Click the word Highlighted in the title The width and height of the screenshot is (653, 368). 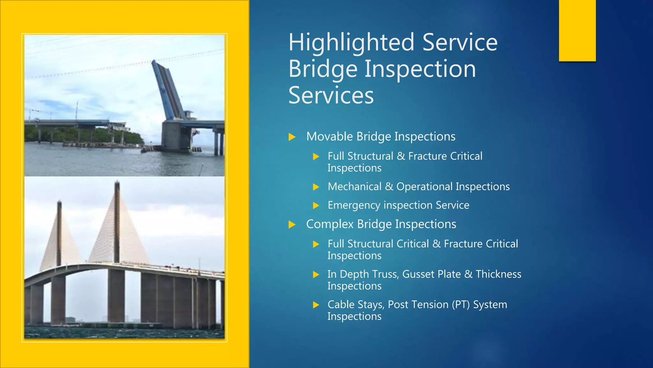(x=351, y=43)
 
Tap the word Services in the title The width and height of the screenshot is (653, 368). (x=331, y=95)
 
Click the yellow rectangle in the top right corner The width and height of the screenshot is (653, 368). (x=577, y=30)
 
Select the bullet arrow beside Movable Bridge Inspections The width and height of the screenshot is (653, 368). (x=292, y=137)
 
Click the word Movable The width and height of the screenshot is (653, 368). (x=329, y=137)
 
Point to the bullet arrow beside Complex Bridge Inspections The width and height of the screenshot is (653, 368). (x=292, y=225)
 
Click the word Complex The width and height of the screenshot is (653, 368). (x=330, y=225)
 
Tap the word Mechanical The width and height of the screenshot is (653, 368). (x=354, y=187)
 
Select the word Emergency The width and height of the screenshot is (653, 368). (x=354, y=205)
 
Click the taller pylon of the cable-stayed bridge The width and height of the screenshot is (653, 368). (x=117, y=224)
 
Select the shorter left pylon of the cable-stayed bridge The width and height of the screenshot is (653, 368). (x=59, y=236)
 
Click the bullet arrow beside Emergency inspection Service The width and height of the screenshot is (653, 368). (x=316, y=205)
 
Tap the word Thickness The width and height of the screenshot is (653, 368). (x=498, y=274)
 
